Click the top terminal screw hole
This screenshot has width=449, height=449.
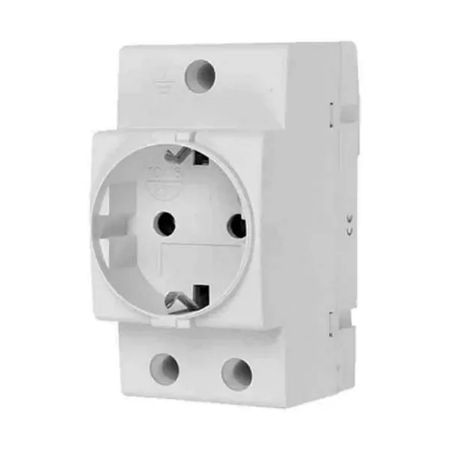point(201,76)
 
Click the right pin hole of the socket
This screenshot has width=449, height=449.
point(236,224)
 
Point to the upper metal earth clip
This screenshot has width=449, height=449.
point(180,155)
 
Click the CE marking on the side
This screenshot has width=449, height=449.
point(351,224)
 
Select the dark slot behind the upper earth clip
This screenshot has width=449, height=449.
point(201,159)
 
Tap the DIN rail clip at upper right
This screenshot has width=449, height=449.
point(347,112)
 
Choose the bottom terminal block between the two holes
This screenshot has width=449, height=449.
point(201,370)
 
